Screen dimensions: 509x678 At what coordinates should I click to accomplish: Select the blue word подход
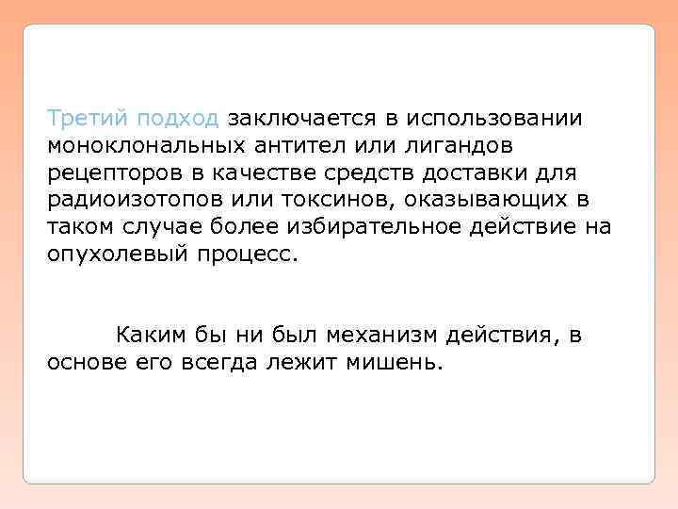click(x=178, y=120)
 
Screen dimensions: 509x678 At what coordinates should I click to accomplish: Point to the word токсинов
click(x=326, y=201)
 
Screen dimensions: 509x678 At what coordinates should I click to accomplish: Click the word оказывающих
click(x=476, y=201)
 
